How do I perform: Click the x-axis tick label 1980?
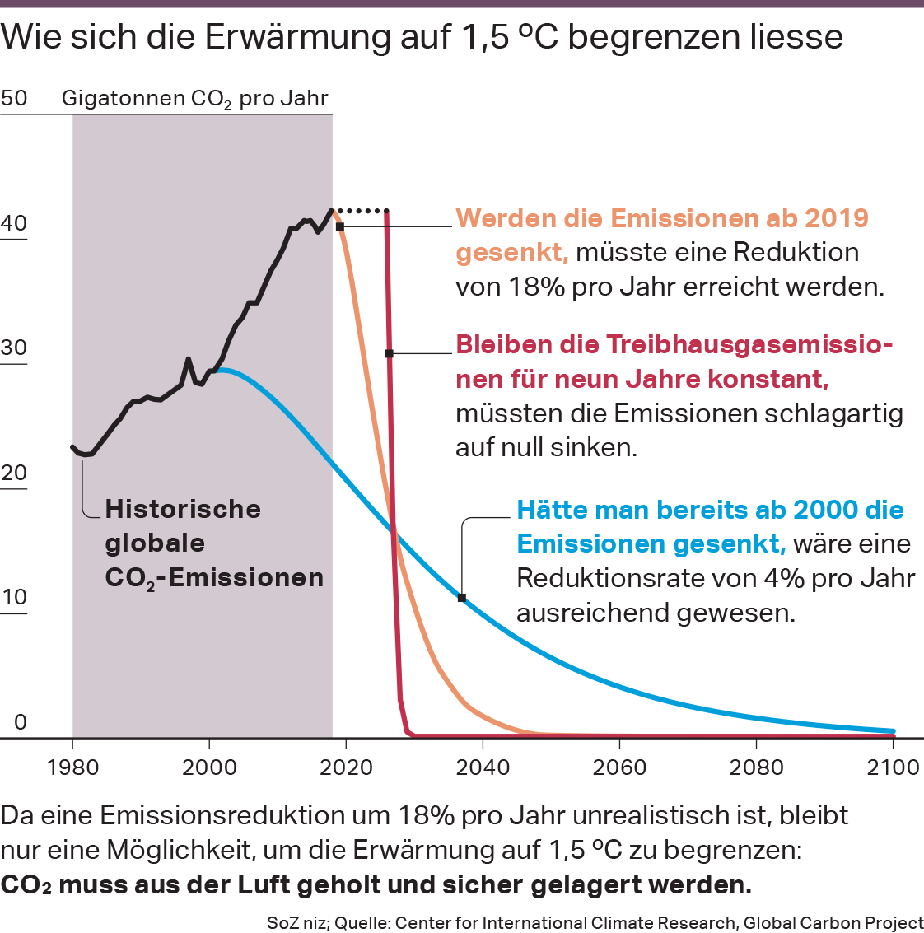point(72,767)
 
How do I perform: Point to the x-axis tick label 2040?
point(483,767)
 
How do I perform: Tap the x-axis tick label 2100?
point(893,767)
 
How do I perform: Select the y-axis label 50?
point(14,98)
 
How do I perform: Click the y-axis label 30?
point(14,348)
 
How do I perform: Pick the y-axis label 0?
point(21,722)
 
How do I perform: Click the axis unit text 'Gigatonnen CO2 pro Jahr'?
point(194,99)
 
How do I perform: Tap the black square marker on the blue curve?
point(462,598)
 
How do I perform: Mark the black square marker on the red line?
point(390,353)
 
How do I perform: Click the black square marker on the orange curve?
point(339,226)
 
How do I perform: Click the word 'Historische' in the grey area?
point(183,509)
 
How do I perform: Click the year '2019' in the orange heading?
point(836,218)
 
